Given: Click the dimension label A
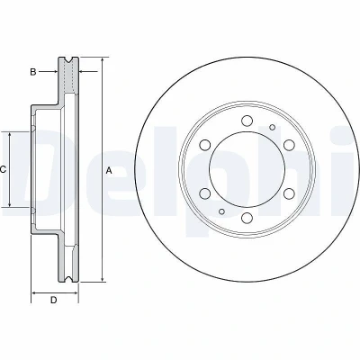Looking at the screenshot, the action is [109, 171].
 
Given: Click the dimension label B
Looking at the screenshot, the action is [33, 72].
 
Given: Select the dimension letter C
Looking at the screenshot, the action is [3, 170].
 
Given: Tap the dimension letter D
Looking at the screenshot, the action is [53, 300].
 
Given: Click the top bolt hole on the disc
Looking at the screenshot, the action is [247, 121].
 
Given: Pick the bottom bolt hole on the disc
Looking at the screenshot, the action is [247, 218].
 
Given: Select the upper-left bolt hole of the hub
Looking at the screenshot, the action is [204, 145].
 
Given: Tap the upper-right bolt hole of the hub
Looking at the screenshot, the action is [289, 145].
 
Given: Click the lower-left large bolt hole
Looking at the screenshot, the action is [204, 193].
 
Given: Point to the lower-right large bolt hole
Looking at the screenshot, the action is [289, 193].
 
